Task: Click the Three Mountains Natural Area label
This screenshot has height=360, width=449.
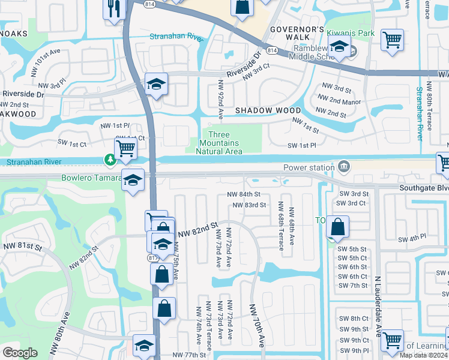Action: (x=219, y=143)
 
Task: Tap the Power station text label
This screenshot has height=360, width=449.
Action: (x=308, y=167)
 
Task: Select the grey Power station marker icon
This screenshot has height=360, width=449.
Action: (x=344, y=166)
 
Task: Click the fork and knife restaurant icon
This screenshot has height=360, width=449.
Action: (x=113, y=9)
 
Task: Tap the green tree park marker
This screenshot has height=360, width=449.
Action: (x=110, y=160)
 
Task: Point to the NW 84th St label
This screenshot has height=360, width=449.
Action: (x=244, y=194)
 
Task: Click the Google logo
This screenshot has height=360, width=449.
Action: (x=20, y=353)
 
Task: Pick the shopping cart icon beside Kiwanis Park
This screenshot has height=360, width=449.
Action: (x=392, y=40)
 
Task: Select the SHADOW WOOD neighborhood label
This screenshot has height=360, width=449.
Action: (x=268, y=110)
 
